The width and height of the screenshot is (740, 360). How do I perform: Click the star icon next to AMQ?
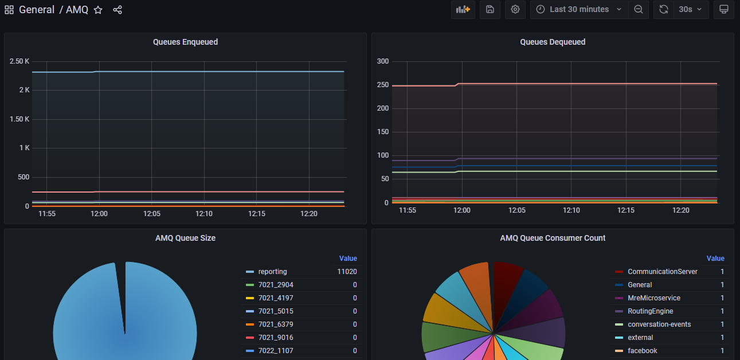click(x=98, y=10)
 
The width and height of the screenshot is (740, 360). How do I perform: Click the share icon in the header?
click(x=118, y=10)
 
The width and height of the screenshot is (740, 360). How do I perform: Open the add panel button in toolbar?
click(x=463, y=10)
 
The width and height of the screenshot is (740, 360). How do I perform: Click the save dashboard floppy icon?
click(x=490, y=10)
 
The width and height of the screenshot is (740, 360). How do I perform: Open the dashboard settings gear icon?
click(x=515, y=10)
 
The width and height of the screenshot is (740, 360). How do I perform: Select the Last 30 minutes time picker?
click(x=579, y=10)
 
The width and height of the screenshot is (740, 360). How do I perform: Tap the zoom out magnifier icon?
click(x=638, y=10)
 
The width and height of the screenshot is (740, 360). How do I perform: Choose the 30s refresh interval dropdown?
click(x=690, y=10)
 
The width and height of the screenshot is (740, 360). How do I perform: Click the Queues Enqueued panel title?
click(x=185, y=42)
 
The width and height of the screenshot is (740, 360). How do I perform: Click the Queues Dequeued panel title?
click(x=553, y=42)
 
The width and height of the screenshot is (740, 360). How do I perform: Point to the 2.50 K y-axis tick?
click(x=19, y=61)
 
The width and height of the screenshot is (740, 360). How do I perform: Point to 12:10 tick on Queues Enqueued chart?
click(x=204, y=214)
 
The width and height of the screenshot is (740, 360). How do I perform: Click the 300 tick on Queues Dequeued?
click(x=382, y=61)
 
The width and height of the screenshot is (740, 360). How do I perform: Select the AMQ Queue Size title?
click(x=185, y=238)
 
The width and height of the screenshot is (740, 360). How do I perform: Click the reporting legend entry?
click(x=272, y=272)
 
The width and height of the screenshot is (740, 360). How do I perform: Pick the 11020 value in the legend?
click(x=347, y=272)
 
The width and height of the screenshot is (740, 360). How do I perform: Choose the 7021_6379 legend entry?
click(x=276, y=324)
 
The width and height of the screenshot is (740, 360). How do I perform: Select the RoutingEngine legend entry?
click(x=650, y=311)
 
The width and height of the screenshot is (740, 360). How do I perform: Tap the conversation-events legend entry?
click(x=659, y=324)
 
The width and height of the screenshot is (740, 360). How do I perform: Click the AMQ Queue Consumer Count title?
click(x=553, y=238)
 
